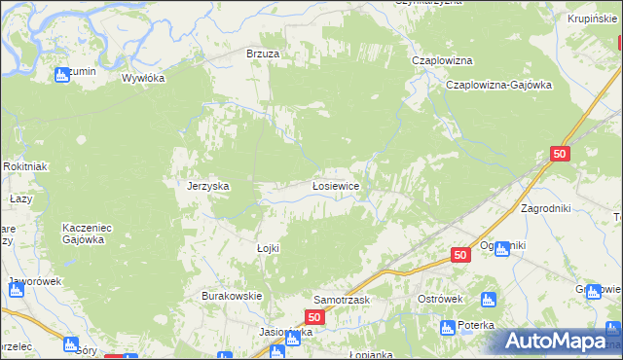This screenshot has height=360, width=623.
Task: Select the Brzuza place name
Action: click(x=263, y=54)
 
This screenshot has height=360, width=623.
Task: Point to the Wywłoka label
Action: click(x=144, y=78)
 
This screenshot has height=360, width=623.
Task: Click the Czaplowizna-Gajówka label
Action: click(x=498, y=85)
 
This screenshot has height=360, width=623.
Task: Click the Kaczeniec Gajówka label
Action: click(x=88, y=233)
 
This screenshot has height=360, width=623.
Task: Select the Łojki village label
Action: click(x=268, y=248)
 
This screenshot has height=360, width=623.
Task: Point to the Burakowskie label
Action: click(x=232, y=295)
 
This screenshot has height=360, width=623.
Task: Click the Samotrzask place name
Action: click(x=342, y=300)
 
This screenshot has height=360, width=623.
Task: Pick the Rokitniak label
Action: click(x=24, y=166)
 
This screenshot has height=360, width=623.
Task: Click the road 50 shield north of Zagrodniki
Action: click(x=559, y=154)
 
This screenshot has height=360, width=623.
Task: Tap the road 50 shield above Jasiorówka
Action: click(x=313, y=317)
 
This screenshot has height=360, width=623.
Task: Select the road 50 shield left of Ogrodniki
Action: click(x=462, y=254)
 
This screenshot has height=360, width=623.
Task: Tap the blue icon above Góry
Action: click(x=69, y=343)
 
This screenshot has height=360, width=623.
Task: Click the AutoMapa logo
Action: click(x=559, y=342)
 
